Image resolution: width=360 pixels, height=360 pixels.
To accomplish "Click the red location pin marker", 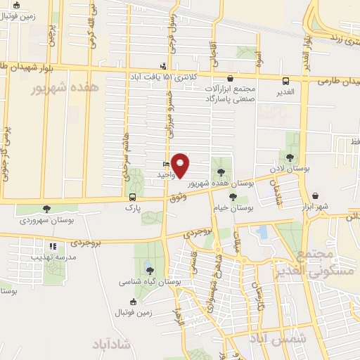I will coord(181,165).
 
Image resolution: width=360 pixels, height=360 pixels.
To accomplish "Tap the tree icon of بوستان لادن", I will coord(290,157).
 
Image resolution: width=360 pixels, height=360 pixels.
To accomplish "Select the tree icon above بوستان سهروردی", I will coord(47,209).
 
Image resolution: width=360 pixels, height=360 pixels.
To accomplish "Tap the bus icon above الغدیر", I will coord(285,81).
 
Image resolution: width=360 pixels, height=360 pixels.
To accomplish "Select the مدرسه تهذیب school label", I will coord(53,257).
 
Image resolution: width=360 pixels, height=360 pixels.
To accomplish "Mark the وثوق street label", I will coord(177,199).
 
